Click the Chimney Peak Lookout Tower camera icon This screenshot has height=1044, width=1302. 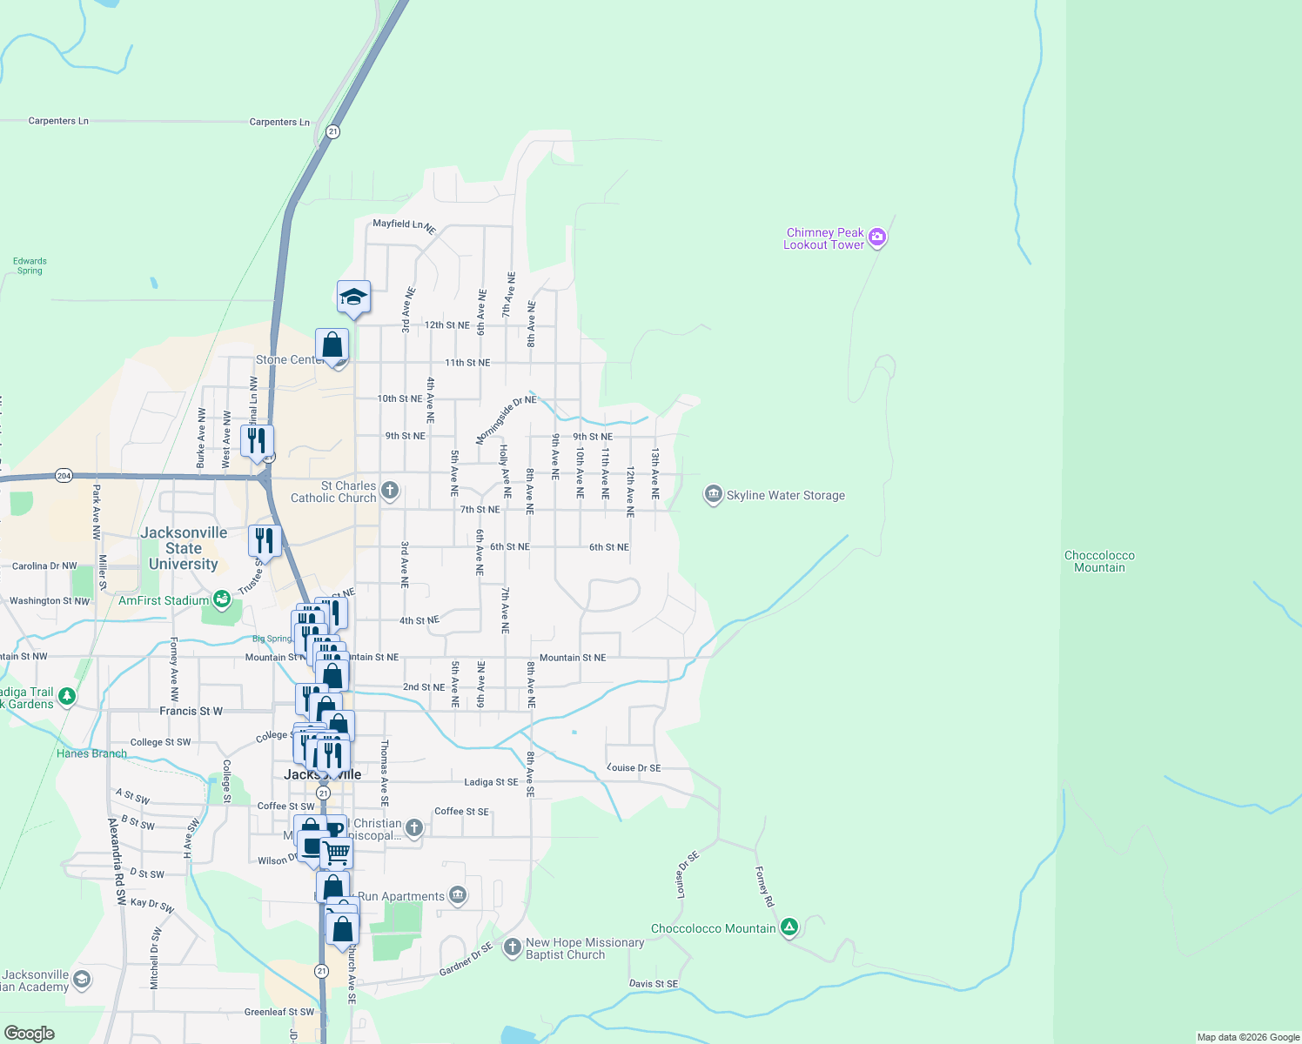click(x=877, y=237)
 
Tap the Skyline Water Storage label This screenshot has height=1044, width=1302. click(x=785, y=496)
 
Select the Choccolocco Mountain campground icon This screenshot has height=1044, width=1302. click(x=789, y=927)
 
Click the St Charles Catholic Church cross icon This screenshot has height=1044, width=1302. click(x=390, y=491)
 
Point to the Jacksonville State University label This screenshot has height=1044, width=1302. click(x=184, y=548)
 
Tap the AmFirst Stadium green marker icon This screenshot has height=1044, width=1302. click(x=222, y=599)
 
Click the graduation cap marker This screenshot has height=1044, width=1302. click(x=353, y=298)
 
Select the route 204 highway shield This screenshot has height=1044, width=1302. click(x=64, y=476)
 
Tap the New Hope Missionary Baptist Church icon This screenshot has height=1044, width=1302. click(x=513, y=946)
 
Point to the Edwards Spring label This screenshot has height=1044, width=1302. click(x=30, y=265)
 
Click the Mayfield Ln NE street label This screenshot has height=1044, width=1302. click(x=404, y=225)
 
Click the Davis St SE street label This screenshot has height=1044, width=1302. click(x=653, y=984)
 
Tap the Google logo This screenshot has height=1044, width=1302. click(x=29, y=1034)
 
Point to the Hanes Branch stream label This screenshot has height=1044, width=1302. click(x=91, y=753)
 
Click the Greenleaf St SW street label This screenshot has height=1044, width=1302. click(x=279, y=1012)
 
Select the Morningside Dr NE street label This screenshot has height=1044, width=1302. click(x=506, y=418)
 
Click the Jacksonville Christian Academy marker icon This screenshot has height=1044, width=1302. click(x=81, y=980)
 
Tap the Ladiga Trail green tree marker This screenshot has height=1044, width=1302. click(x=67, y=696)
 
